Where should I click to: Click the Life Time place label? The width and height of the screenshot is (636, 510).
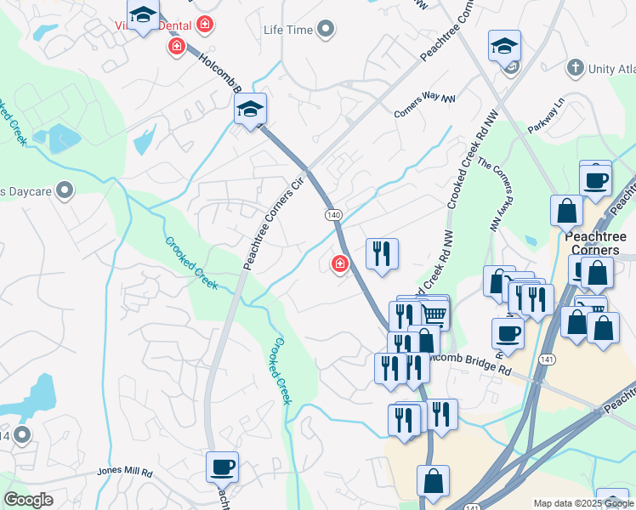pos(287,31)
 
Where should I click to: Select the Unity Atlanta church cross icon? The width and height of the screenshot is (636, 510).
pos(576,67)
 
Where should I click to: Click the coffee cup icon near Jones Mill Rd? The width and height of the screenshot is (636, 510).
pos(222,466)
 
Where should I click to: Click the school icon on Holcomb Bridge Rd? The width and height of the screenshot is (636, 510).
pos(250,109)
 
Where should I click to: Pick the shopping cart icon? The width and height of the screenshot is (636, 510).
pos(434,314)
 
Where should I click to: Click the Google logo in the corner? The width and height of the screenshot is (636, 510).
pos(28,500)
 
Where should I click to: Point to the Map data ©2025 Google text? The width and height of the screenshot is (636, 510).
pos(582,503)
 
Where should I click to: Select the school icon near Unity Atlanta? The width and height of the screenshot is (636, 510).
pos(504,46)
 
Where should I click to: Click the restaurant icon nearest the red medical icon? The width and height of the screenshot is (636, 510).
pos(382,252)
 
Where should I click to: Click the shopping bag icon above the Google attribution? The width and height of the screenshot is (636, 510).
pos(433,480)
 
